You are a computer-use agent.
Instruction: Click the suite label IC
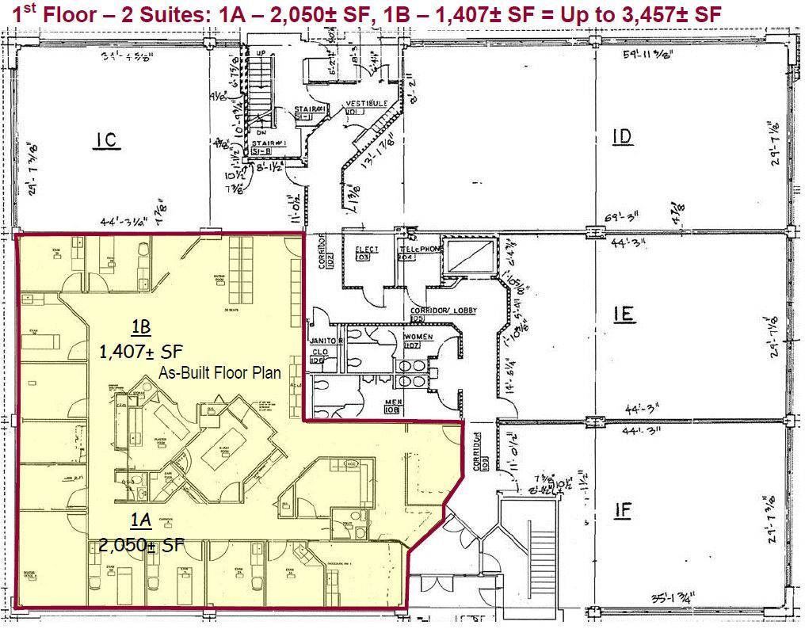click(106, 140)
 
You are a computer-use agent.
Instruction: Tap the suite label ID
click(623, 137)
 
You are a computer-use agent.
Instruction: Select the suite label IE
click(624, 314)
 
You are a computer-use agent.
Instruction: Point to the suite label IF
click(623, 510)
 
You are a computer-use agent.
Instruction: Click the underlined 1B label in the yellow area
click(140, 327)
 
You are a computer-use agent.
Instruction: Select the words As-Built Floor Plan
click(220, 372)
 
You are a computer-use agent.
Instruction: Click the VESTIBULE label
click(365, 104)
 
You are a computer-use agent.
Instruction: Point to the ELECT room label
click(367, 249)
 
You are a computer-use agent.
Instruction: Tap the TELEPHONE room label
click(419, 249)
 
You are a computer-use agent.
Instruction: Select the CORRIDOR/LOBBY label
click(443, 311)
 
